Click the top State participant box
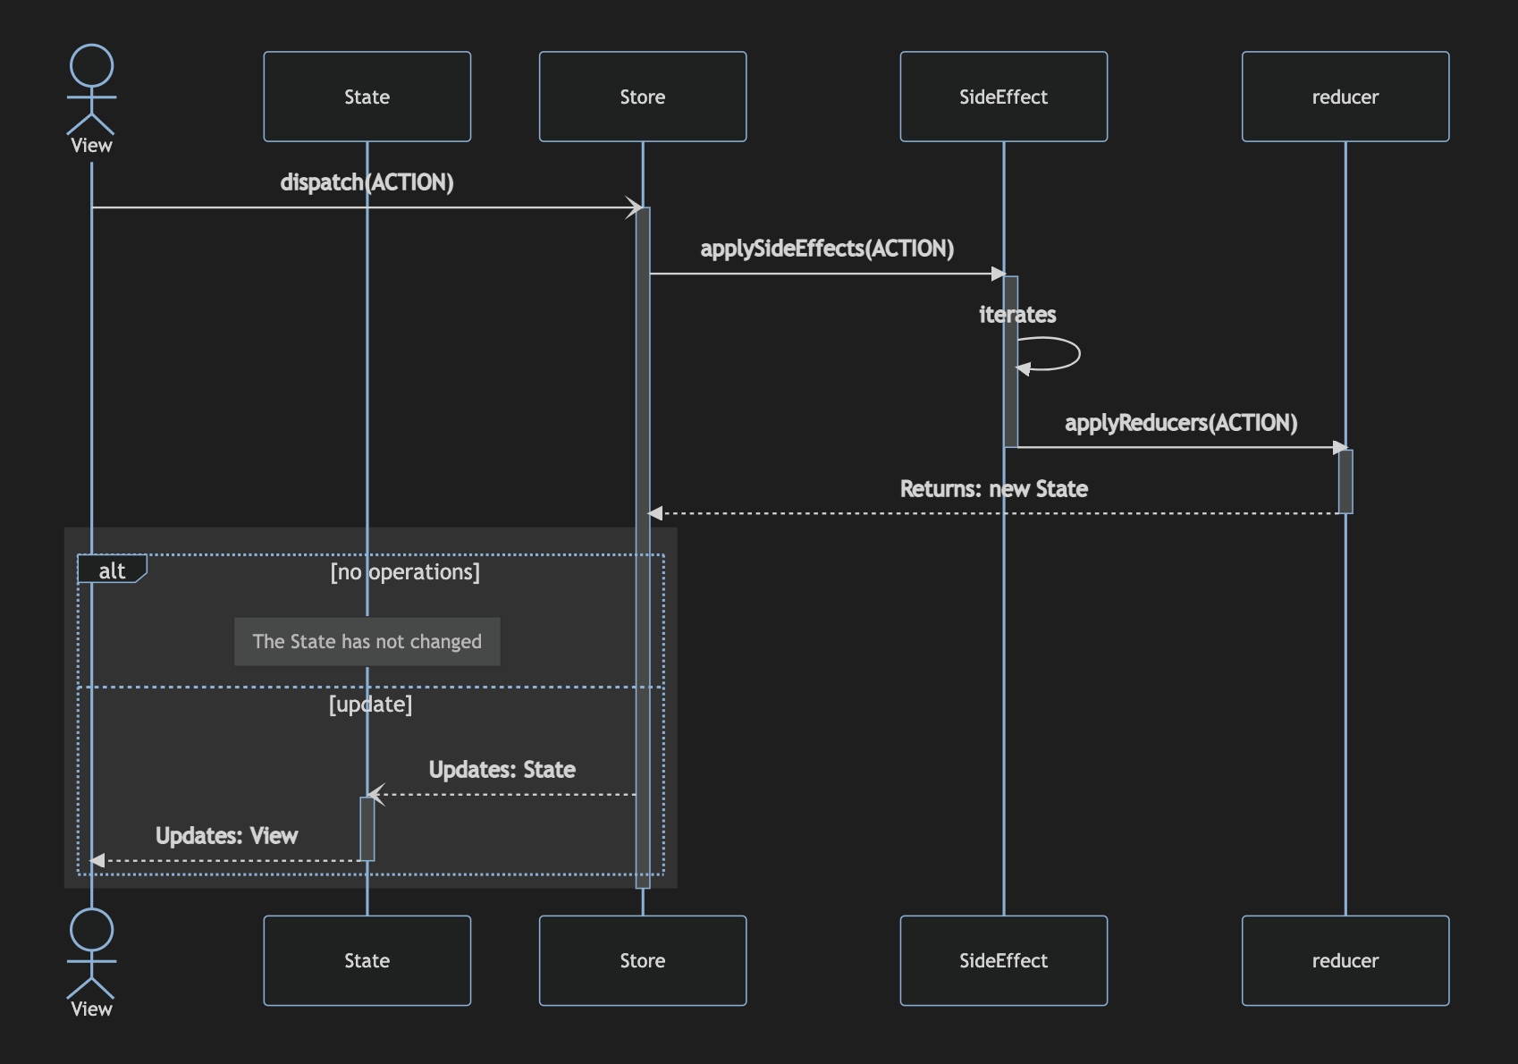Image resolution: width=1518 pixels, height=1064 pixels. point(367,97)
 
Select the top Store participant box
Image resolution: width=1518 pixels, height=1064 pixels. point(642,97)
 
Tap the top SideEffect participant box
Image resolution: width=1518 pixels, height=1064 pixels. point(1003,97)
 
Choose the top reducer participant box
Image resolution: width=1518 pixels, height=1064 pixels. point(1345,97)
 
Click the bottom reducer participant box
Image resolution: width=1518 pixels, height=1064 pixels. point(1345,960)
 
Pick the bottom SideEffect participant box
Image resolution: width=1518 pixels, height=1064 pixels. point(1003,960)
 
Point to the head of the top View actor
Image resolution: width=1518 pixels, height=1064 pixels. point(91,65)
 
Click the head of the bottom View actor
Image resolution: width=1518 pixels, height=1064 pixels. point(91,930)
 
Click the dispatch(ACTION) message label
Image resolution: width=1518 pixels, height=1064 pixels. point(367,182)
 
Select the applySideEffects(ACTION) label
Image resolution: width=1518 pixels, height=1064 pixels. point(827,249)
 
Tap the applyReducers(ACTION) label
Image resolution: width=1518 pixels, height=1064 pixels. point(1180,423)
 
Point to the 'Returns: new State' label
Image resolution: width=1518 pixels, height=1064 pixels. point(993,489)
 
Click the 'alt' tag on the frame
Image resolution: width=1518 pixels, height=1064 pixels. point(112,570)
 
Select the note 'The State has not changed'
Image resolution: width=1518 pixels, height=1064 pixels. point(367,641)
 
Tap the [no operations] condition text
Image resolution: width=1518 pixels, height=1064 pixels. point(405,572)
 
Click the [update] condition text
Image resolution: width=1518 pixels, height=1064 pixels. point(370,705)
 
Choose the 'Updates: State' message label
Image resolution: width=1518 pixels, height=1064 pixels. point(502,770)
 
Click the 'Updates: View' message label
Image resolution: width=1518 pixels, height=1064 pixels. point(226,836)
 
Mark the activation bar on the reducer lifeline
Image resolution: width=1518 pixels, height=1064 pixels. point(1345,481)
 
